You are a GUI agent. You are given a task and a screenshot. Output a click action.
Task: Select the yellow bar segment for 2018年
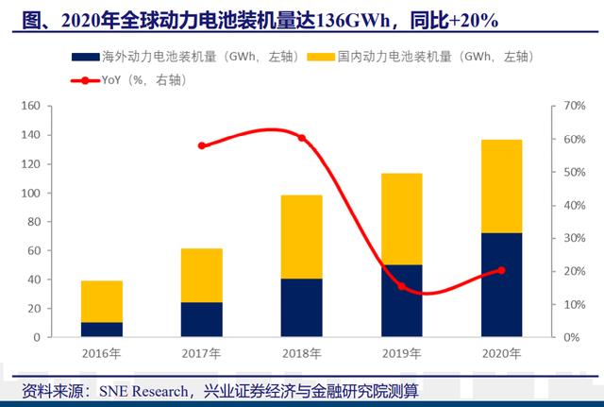tap(301, 237)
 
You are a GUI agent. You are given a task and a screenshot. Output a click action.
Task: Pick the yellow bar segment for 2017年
tap(201, 275)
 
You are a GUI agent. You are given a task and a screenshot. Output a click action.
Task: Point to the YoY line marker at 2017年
tap(201, 145)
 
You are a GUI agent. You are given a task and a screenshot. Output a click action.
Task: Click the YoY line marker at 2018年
tap(302, 138)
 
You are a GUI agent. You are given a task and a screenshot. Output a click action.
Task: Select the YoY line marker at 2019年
tap(401, 285)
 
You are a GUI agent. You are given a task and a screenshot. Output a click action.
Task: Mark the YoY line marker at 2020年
tap(501, 270)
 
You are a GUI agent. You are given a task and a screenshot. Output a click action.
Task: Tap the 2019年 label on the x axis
tap(401, 353)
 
